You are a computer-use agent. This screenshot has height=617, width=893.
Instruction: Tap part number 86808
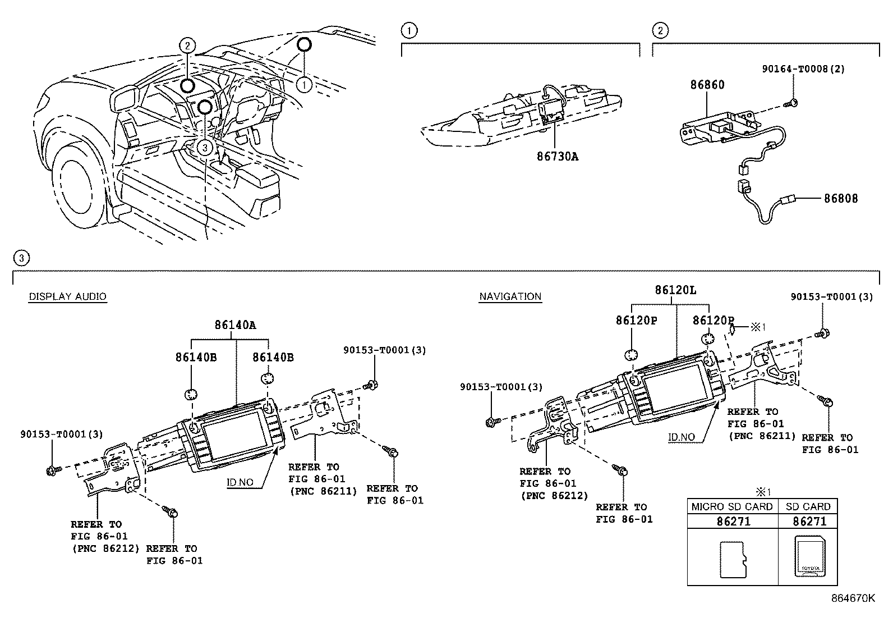(x=840, y=198)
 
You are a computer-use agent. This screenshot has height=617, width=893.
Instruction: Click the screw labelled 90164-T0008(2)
(x=793, y=103)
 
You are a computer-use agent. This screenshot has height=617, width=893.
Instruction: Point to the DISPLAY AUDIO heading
(x=67, y=296)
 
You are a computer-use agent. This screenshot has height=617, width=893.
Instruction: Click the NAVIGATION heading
(x=510, y=296)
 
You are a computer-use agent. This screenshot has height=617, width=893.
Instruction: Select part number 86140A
(x=235, y=325)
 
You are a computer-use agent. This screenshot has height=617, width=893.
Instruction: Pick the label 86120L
(x=675, y=290)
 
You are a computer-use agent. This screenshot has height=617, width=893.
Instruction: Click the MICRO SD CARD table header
(x=731, y=506)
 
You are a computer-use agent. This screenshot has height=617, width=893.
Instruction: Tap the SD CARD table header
(x=808, y=506)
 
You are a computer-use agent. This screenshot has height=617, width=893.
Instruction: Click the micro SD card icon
(x=733, y=559)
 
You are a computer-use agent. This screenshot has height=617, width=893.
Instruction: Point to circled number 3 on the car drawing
(x=206, y=148)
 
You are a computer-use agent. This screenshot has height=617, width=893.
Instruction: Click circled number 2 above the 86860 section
(x=660, y=30)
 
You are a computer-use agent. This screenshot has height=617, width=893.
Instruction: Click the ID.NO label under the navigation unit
(x=682, y=437)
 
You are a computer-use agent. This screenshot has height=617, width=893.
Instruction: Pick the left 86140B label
(x=195, y=357)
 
